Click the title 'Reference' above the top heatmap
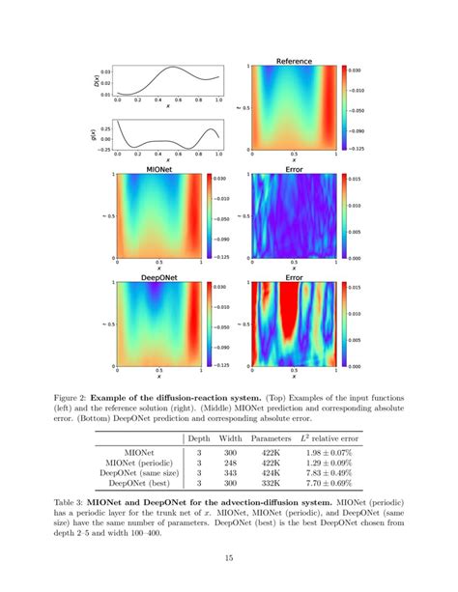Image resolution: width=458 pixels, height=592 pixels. [294, 61]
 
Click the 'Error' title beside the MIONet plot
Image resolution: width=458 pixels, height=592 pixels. [294, 169]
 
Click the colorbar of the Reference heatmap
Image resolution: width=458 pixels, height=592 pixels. [344, 108]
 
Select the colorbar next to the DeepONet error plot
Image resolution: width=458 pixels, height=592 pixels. [344, 324]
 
